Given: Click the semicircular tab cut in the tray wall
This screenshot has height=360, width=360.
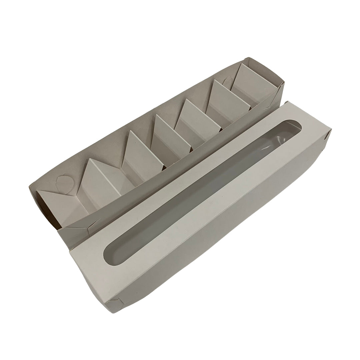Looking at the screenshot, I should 62,182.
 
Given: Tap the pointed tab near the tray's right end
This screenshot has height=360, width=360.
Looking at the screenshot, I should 228,81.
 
